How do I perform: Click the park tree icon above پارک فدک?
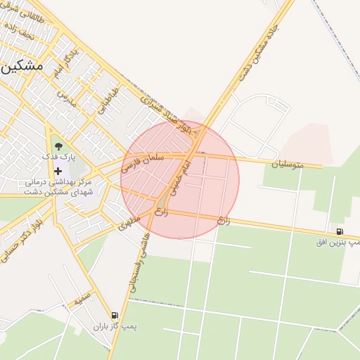click(58, 147)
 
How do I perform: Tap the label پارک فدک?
click(58, 158)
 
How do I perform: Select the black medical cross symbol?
click(58, 171)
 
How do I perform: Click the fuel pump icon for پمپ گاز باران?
click(115, 316)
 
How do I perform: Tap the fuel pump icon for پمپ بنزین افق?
click(340, 231)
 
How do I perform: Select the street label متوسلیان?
click(288, 164)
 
